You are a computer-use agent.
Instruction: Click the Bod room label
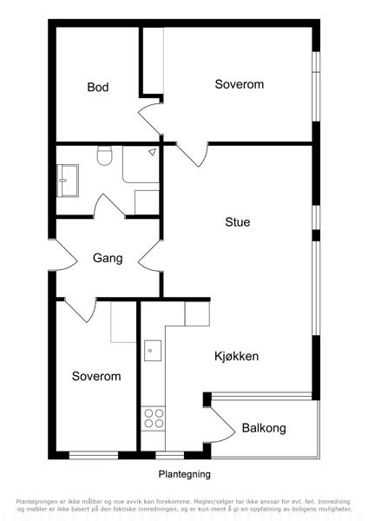coord(98,87)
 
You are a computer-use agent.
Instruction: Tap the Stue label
coord(238,222)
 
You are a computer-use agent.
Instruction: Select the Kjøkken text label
coord(236,356)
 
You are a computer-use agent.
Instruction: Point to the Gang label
coord(108,258)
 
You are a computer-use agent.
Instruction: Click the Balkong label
coord(264,428)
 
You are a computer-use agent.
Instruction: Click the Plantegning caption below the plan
coord(184,474)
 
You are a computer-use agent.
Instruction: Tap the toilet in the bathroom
coord(105,155)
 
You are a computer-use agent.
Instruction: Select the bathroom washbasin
coord(68,181)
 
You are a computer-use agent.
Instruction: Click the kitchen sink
coord(153,351)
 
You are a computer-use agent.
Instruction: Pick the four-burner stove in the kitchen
coord(154,419)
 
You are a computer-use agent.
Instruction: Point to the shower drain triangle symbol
coord(153,152)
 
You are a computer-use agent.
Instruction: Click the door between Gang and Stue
coord(150,256)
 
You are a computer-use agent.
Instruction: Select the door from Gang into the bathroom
coord(109,205)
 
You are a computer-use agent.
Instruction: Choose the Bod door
coord(150,120)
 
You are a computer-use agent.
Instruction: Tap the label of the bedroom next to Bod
coord(240,84)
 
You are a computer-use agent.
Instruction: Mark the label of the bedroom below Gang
coord(96,376)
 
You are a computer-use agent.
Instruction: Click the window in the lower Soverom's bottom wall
coord(94,455)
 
